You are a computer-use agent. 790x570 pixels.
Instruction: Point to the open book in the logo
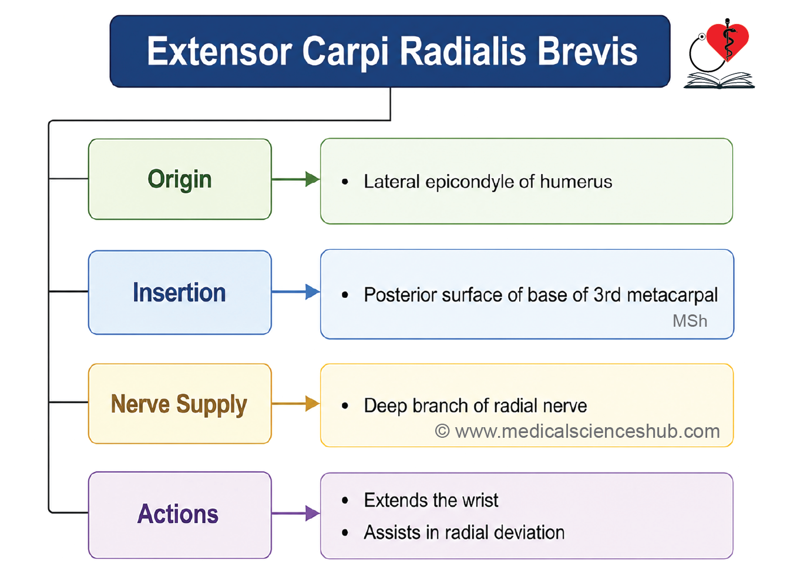(x=719, y=80)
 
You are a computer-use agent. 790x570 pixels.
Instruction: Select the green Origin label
(x=180, y=179)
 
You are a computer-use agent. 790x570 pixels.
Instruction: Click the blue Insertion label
(x=179, y=293)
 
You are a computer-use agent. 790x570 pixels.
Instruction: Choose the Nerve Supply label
(x=179, y=404)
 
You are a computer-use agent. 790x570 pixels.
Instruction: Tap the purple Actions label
(x=178, y=514)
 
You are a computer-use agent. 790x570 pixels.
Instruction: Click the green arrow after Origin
(x=295, y=179)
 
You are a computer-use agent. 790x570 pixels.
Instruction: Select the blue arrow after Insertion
(x=295, y=292)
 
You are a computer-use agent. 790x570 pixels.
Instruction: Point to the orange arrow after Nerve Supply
(x=295, y=404)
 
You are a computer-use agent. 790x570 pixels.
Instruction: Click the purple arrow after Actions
(x=295, y=513)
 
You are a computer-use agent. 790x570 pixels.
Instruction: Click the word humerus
(x=576, y=182)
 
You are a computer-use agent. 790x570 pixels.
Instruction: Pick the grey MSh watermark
(x=690, y=321)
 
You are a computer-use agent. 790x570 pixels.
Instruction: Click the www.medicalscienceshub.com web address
(x=587, y=431)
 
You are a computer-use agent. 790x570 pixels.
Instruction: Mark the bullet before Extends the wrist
(x=345, y=500)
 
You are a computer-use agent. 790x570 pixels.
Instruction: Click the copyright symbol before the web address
(x=442, y=431)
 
